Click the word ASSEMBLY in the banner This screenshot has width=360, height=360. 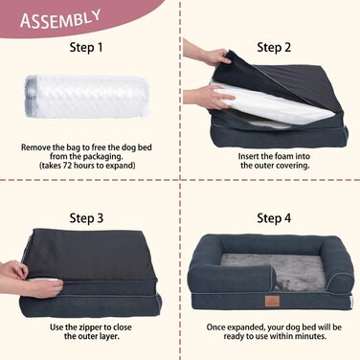coord(60,19)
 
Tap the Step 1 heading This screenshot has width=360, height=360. coord(86,48)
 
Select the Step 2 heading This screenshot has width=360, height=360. coord(274,48)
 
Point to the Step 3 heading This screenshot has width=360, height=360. coord(86,218)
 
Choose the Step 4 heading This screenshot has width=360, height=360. coord(274,218)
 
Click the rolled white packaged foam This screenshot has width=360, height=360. coord(86,96)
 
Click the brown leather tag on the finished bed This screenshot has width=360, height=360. coord(272,301)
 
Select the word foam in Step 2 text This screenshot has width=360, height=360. coord(284,156)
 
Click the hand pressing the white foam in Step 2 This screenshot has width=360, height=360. coord(209,96)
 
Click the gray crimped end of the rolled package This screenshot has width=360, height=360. coord(31,96)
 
